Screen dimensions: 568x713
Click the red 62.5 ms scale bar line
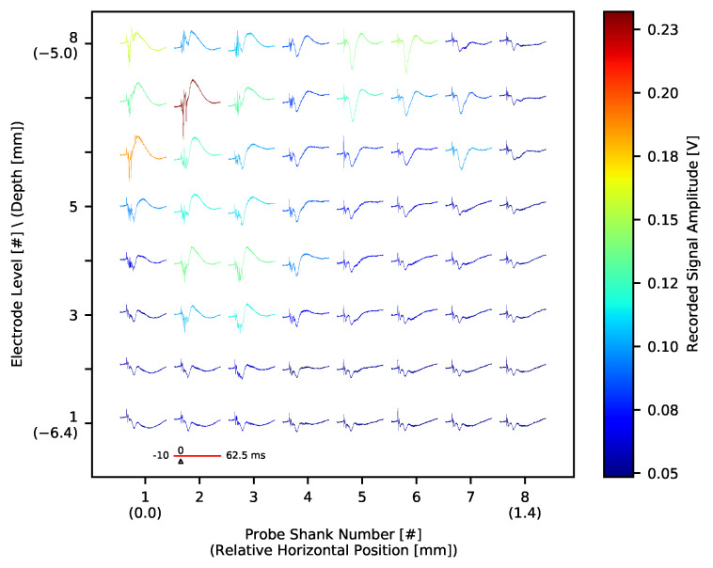[x=199, y=455]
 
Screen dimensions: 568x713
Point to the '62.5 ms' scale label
[x=246, y=455]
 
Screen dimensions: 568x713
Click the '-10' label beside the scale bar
[x=161, y=455]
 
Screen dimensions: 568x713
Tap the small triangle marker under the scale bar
[x=181, y=462]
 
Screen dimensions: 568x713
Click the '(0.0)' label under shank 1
[x=145, y=513]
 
